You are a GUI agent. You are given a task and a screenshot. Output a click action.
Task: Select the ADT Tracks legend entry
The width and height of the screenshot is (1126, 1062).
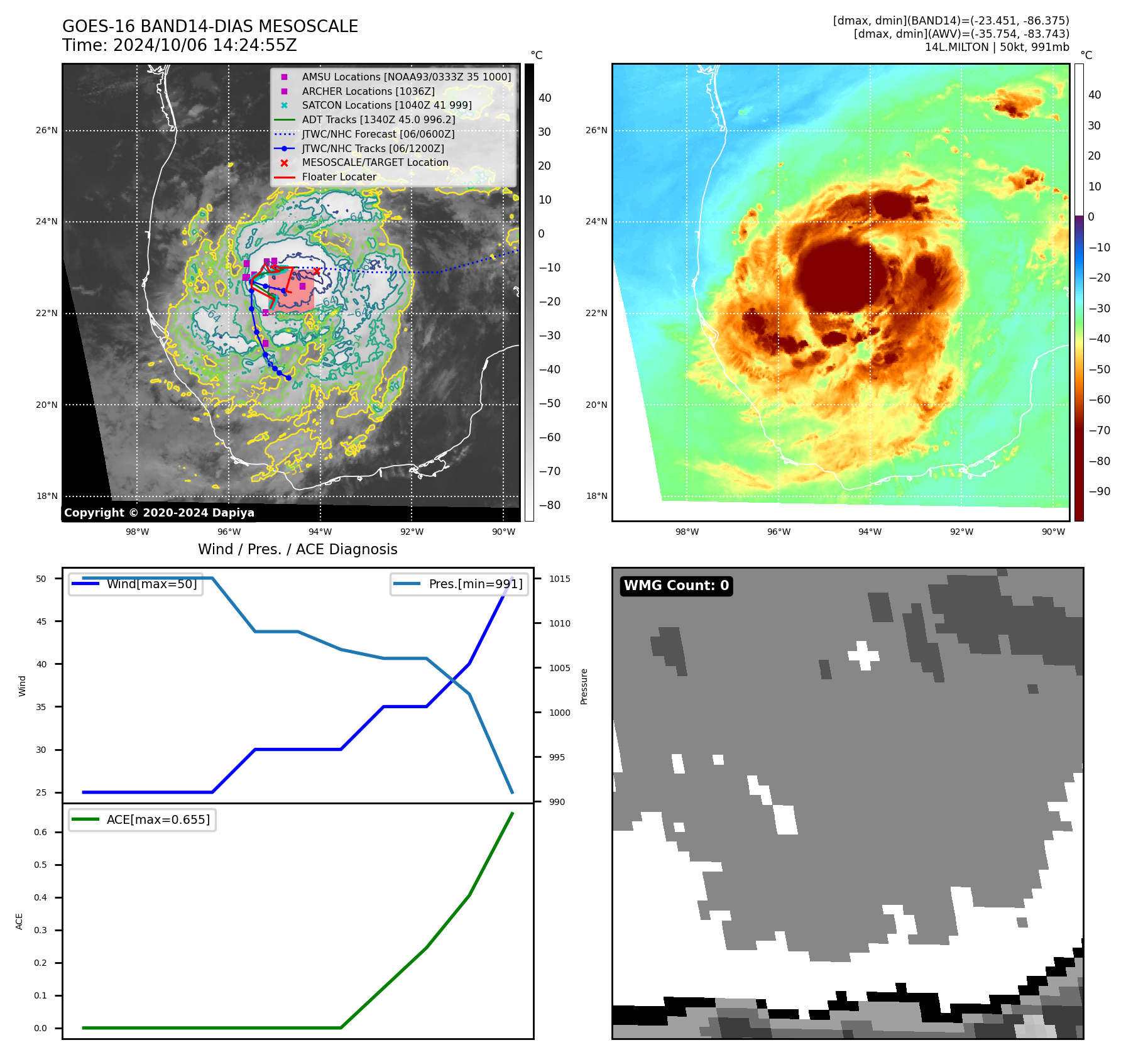[x=378, y=119]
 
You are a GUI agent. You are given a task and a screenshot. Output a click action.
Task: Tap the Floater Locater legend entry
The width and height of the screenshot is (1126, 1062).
[x=339, y=177]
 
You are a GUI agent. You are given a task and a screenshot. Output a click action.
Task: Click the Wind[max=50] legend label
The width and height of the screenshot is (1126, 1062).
[x=151, y=584]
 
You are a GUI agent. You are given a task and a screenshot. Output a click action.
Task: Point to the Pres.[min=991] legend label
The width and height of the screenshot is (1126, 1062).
[x=475, y=584]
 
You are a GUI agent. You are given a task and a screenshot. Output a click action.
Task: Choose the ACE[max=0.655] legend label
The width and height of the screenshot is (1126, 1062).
[x=158, y=819]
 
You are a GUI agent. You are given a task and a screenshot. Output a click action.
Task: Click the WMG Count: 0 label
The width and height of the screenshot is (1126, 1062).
[x=676, y=586]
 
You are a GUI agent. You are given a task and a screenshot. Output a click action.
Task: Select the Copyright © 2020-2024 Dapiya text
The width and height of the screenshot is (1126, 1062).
[x=159, y=513]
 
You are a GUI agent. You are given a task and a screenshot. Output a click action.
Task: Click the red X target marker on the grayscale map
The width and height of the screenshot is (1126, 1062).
[x=317, y=271]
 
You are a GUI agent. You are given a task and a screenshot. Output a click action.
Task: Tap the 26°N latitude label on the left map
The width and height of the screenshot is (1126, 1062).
[x=46, y=131]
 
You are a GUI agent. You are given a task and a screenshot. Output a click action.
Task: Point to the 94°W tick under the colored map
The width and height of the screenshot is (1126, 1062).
[x=870, y=532]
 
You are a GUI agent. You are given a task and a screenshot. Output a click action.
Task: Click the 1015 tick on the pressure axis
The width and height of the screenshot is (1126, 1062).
[x=559, y=579]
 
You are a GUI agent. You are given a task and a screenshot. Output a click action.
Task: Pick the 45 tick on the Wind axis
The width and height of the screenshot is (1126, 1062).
[x=41, y=621]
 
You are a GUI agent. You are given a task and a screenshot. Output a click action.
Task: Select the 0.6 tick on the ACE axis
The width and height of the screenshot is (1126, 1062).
[x=40, y=832]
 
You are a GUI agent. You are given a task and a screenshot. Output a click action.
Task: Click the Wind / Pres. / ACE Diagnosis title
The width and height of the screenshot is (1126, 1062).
[x=297, y=549]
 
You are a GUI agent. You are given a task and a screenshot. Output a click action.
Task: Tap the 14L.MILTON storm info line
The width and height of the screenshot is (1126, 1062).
[x=997, y=47]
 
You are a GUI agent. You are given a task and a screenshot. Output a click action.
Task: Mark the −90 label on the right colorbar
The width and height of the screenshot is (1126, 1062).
[x=1099, y=491]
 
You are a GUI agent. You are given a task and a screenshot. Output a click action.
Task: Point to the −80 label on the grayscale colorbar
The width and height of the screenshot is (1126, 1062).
[x=549, y=505]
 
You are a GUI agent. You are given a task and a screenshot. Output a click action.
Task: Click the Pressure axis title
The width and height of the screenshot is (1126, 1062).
[x=584, y=686]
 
